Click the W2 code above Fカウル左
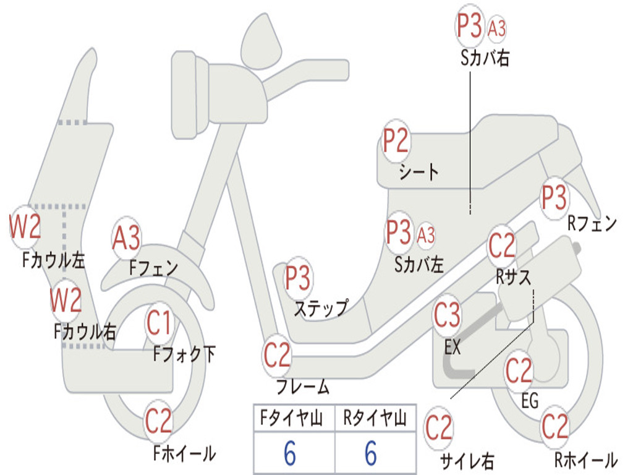(x=25, y=226)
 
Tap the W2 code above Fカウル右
(x=66, y=299)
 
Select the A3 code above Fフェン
(x=126, y=237)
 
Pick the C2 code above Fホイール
(x=159, y=421)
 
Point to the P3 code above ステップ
(x=297, y=278)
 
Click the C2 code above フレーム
(x=277, y=355)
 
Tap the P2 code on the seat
(x=396, y=140)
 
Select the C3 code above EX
(x=447, y=314)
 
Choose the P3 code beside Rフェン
(x=554, y=197)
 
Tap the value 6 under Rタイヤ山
(x=371, y=452)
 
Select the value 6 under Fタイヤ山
(x=290, y=452)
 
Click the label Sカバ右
(x=485, y=58)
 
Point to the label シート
(x=418, y=173)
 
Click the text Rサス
(x=513, y=277)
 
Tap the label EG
(x=530, y=401)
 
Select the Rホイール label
(x=586, y=460)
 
